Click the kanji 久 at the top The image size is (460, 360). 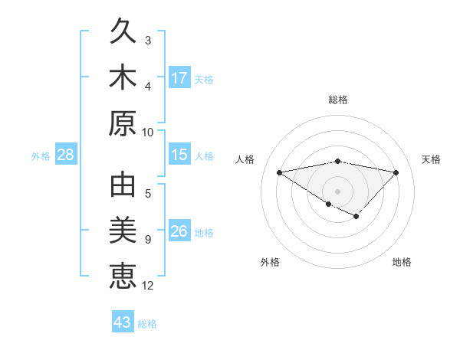[x=123, y=33]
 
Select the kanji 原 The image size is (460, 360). [x=123, y=123]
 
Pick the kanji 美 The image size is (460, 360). [x=123, y=231]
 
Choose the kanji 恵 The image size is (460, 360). [x=123, y=275]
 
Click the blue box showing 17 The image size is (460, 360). [x=179, y=77]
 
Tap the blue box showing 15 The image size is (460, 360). [x=179, y=155]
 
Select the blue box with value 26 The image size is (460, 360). [x=179, y=231]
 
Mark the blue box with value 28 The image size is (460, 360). [x=66, y=155]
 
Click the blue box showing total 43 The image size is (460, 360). [x=122, y=322]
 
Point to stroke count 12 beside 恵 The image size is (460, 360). [x=148, y=286]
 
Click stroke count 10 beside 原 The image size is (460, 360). [x=148, y=132]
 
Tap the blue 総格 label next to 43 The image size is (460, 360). [x=147, y=324]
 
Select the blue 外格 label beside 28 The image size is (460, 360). [x=41, y=156]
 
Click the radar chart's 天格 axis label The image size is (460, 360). [x=432, y=159]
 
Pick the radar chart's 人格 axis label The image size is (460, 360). [x=245, y=159]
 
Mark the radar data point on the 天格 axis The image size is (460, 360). [x=396, y=172]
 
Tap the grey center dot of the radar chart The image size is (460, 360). [x=337, y=191]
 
